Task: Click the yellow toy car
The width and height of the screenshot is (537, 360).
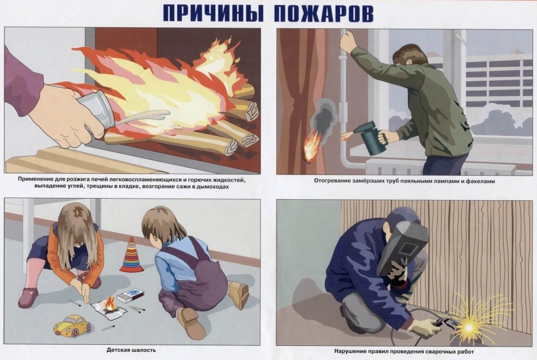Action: pos(73,325)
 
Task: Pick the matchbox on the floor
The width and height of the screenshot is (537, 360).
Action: pos(130,295)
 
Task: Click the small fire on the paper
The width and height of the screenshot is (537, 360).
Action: pos(110,305)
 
